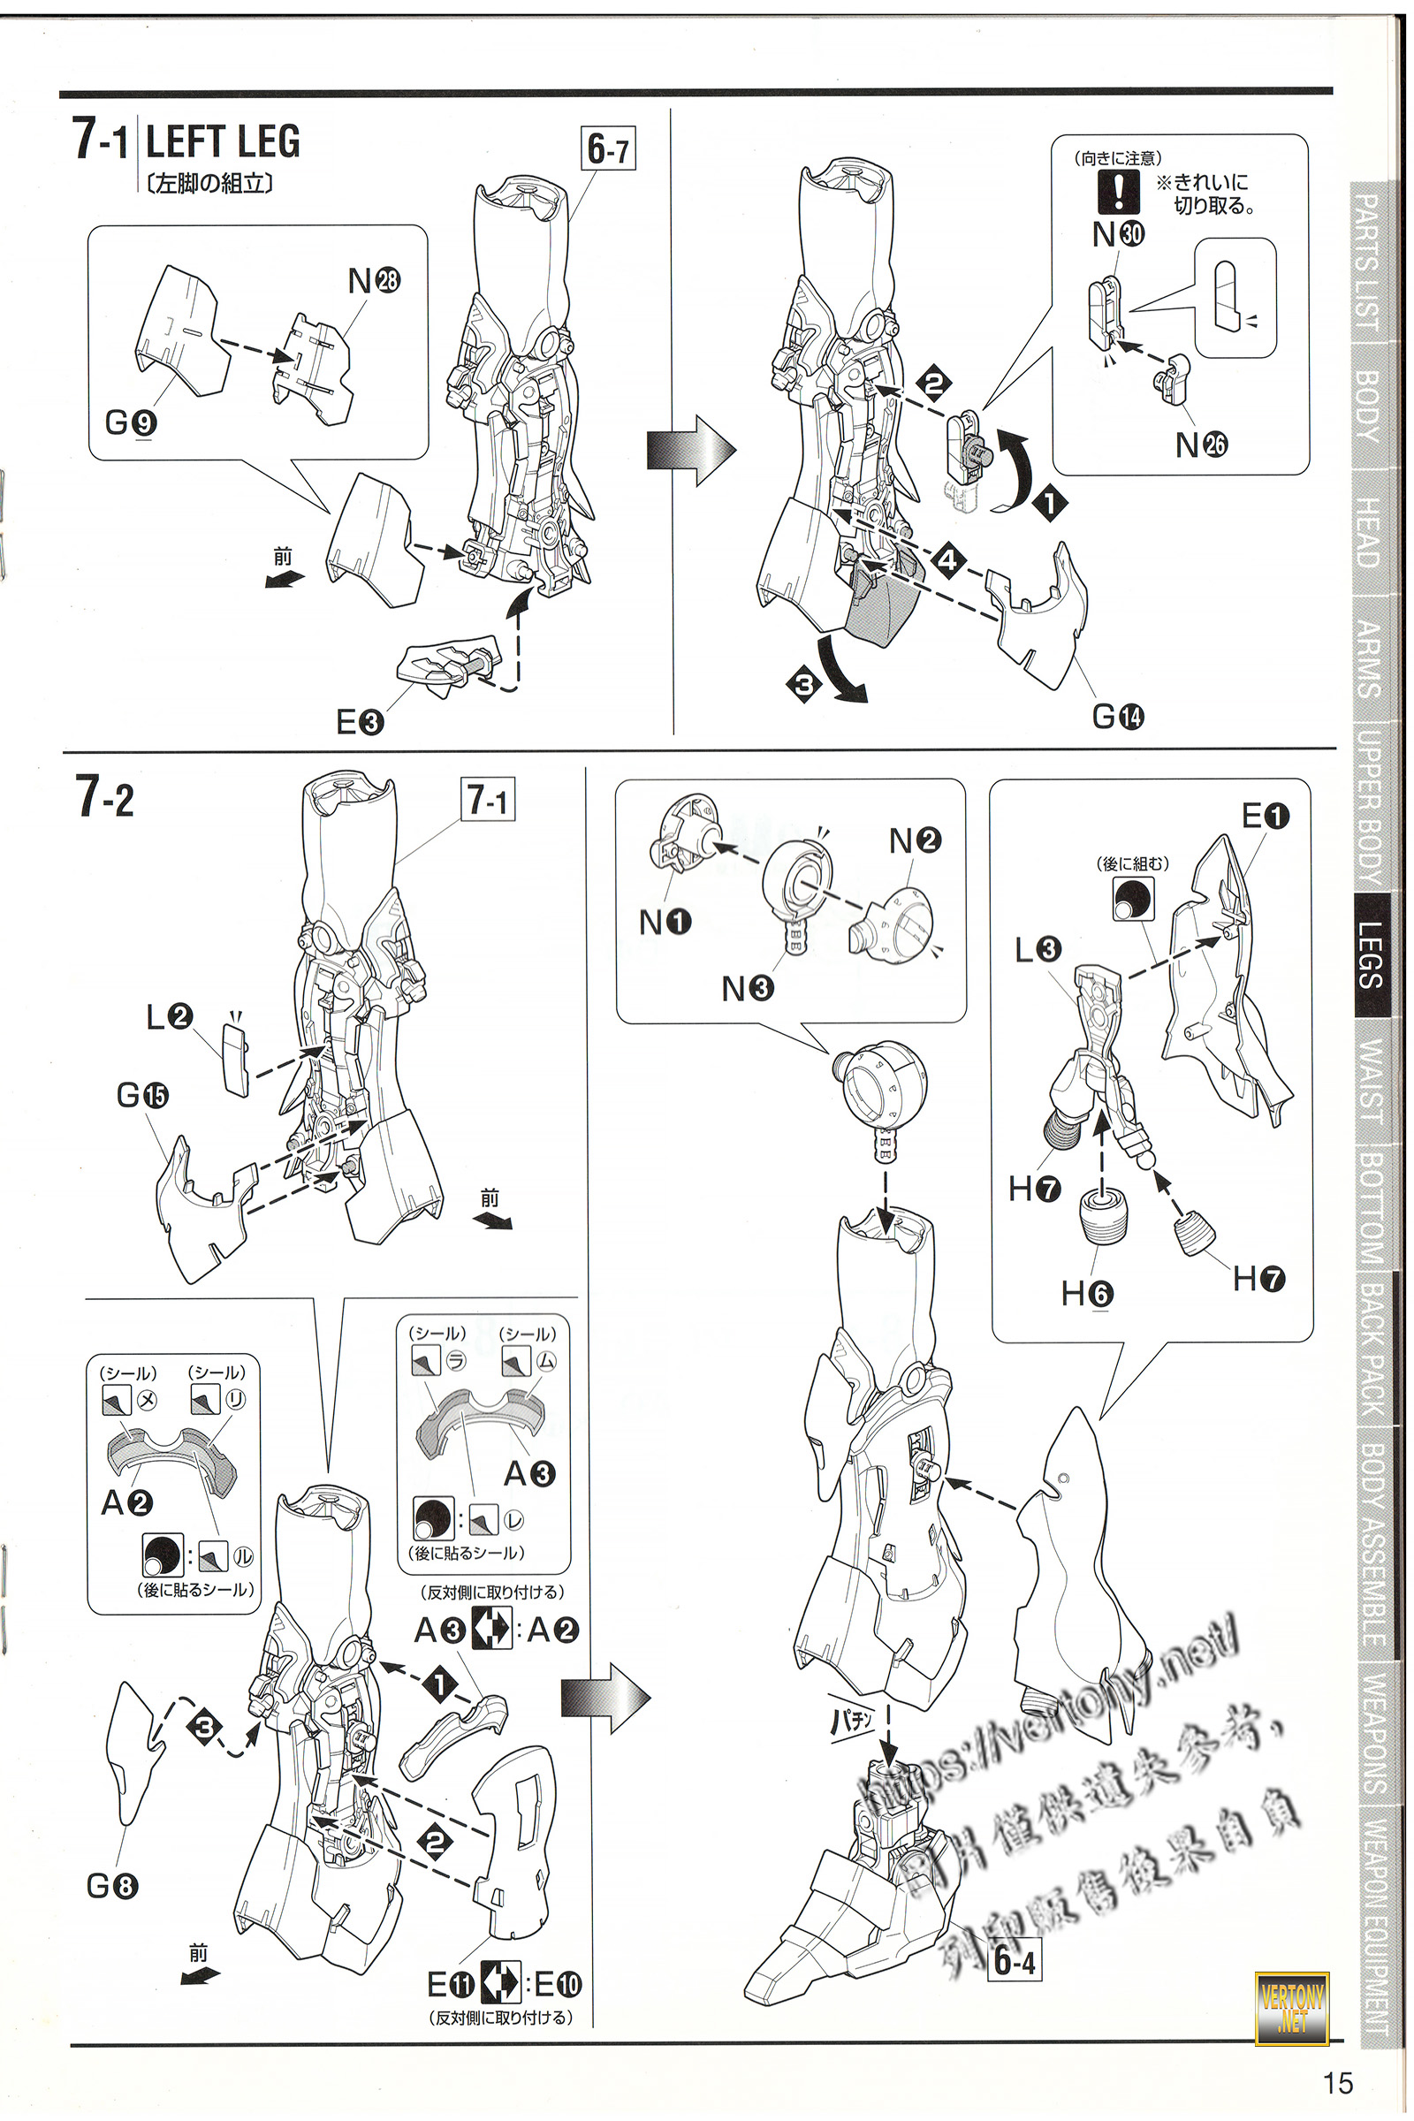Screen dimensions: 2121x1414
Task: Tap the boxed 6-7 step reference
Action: pos(609,148)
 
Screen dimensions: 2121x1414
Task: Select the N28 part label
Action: pos(373,281)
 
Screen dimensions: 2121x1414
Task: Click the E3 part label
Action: pos(359,721)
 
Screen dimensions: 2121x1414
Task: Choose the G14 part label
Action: pos(1117,717)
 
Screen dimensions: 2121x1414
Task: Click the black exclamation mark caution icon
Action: pos(1119,191)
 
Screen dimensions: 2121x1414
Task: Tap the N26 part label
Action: pos(1201,445)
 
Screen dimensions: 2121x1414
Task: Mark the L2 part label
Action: pos(170,1017)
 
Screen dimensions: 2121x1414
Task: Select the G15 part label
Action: pos(142,1096)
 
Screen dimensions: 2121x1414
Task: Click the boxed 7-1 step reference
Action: pos(488,800)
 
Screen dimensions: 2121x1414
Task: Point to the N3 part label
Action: pos(747,989)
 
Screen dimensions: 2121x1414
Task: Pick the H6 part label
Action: pos(1087,1295)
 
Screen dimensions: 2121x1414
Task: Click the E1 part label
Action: pos(1266,817)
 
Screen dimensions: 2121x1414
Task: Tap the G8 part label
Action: pos(112,1886)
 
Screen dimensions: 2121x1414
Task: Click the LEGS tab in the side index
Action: pos(1371,956)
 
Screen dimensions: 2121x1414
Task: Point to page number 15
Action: pos(1338,2083)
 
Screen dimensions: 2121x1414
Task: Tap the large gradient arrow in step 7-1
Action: pos(691,450)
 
